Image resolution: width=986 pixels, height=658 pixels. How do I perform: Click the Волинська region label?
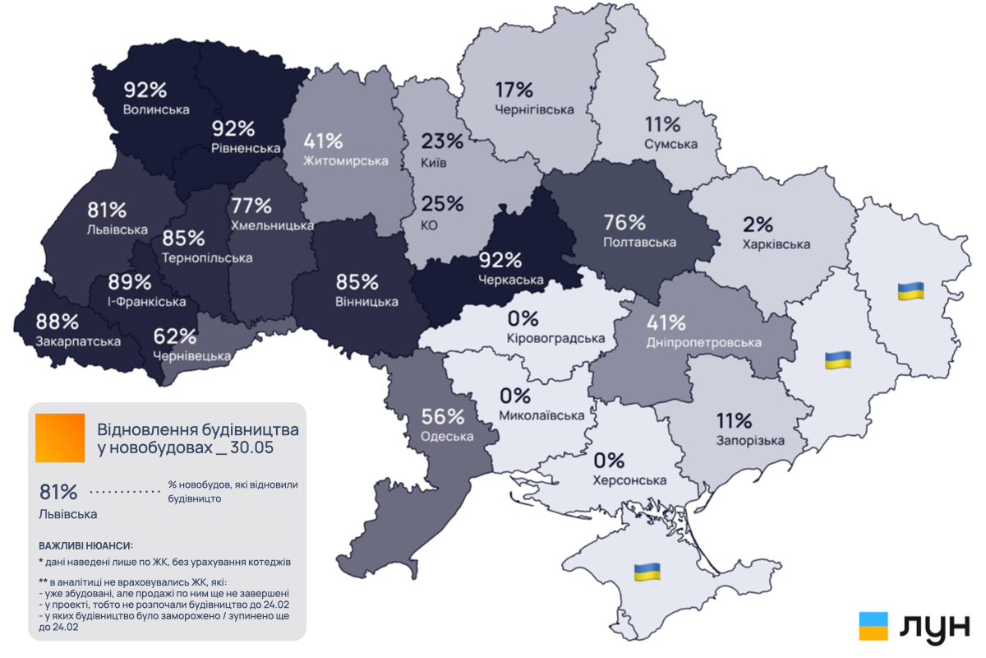click(x=156, y=109)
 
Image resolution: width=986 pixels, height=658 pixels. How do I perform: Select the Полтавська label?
click(x=639, y=243)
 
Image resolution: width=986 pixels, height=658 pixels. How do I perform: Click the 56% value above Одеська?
click(x=443, y=417)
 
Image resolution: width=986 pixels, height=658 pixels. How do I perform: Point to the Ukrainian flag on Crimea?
click(x=647, y=572)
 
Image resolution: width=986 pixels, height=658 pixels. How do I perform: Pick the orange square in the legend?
click(x=60, y=438)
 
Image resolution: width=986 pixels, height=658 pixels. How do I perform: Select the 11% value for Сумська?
click(x=662, y=125)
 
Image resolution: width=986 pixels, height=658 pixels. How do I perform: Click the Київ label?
click(x=434, y=163)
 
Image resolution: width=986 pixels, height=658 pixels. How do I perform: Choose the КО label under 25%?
click(x=430, y=225)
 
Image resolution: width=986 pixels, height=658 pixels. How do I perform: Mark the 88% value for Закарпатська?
click(x=57, y=322)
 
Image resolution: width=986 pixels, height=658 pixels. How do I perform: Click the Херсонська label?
click(x=629, y=480)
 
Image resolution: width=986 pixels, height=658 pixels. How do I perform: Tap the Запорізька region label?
click(x=749, y=441)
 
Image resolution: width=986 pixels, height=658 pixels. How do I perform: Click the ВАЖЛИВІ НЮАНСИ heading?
click(x=85, y=546)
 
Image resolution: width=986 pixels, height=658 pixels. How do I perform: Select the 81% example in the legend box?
click(x=59, y=493)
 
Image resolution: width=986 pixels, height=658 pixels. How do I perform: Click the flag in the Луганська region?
click(x=910, y=290)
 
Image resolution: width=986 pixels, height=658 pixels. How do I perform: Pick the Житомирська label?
click(x=345, y=160)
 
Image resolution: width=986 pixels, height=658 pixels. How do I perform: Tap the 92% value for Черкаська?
click(x=501, y=261)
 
